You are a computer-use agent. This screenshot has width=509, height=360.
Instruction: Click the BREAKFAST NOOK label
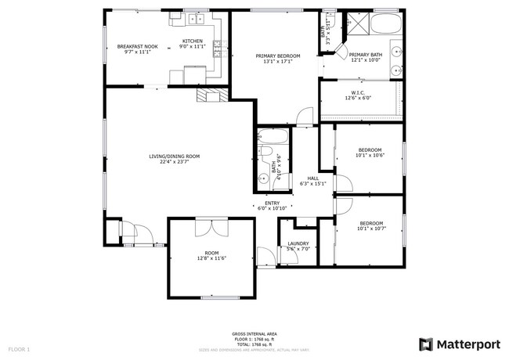(137, 46)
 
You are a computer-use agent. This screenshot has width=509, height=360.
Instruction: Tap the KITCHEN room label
(193, 41)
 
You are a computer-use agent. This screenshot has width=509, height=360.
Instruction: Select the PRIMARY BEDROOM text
(273, 56)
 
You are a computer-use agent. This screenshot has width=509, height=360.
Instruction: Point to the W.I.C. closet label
(358, 92)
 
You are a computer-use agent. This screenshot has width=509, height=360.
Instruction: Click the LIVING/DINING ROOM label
(174, 157)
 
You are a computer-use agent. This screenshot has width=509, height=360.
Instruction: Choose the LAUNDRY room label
(298, 243)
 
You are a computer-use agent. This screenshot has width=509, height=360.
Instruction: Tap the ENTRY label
(272, 203)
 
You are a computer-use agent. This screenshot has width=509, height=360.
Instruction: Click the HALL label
(312, 178)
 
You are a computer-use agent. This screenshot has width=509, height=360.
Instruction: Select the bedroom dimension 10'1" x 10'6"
(370, 156)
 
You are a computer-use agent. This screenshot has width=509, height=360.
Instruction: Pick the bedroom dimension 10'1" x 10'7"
(370, 229)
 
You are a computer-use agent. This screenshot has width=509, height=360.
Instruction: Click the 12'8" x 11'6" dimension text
(211, 259)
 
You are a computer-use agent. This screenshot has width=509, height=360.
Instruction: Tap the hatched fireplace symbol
(211, 95)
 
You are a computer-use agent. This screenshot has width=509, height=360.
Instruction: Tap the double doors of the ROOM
(211, 225)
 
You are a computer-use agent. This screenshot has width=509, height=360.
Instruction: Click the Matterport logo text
(467, 344)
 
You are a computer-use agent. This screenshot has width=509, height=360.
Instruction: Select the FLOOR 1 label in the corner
(19, 348)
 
